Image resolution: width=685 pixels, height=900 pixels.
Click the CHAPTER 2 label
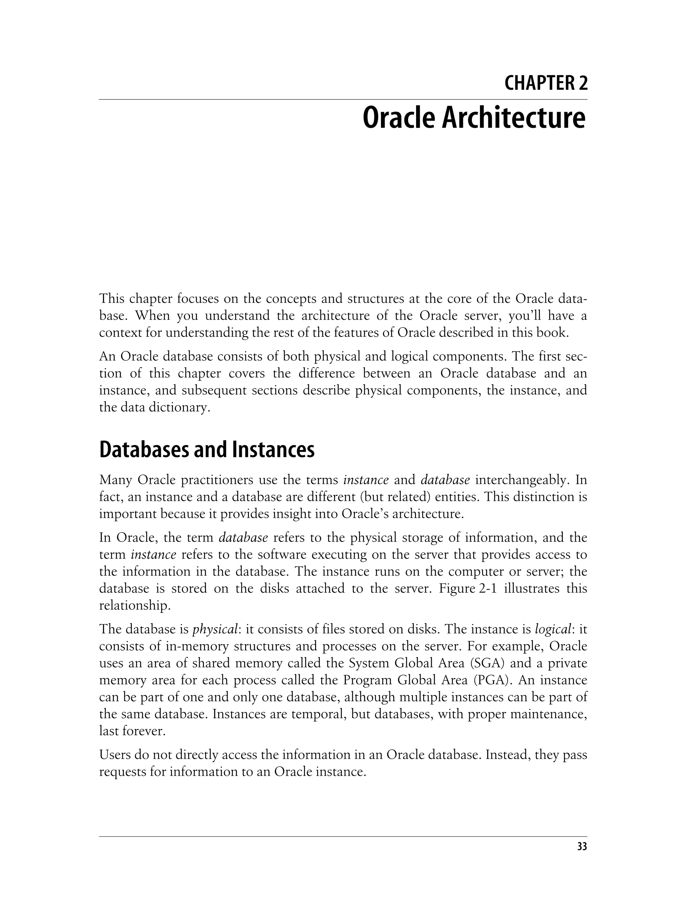(x=546, y=84)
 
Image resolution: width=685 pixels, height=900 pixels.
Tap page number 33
(x=582, y=846)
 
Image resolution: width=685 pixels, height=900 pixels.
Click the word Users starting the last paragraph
(x=115, y=755)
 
